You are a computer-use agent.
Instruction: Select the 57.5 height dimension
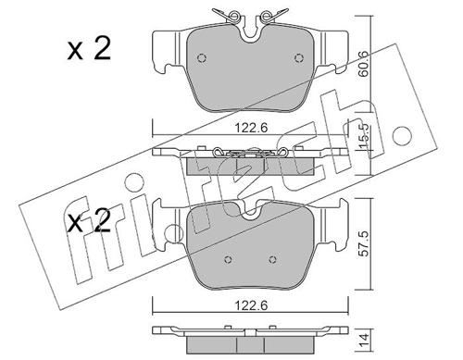pyautogui.click(x=365, y=243)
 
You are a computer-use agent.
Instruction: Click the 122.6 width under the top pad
pyautogui.click(x=251, y=128)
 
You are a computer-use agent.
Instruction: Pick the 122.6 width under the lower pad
pyautogui.click(x=251, y=305)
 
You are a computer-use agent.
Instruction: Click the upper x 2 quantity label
pyautogui.click(x=89, y=49)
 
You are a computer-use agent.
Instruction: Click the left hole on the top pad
pyautogui.click(x=202, y=58)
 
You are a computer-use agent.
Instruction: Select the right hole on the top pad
pyautogui.click(x=299, y=58)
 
